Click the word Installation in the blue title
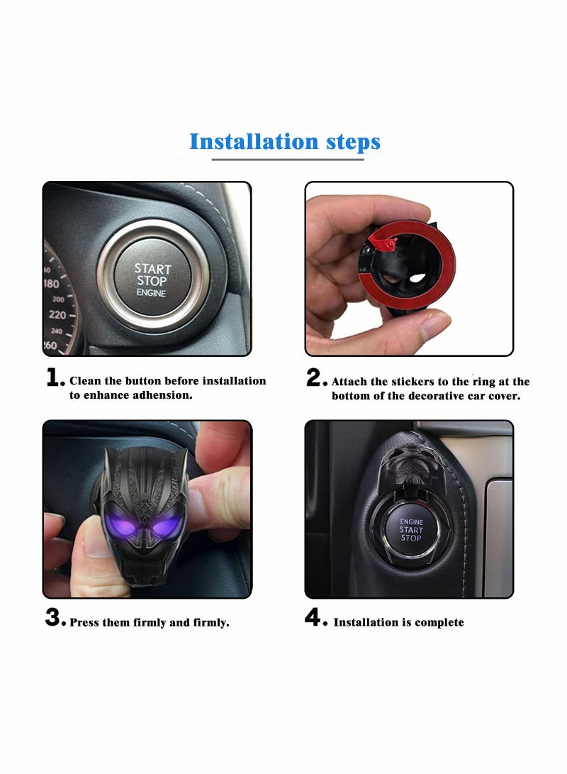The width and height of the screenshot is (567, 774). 251,141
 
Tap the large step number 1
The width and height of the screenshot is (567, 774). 55,379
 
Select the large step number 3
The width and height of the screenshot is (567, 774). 55,618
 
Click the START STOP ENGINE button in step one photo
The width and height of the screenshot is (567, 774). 152,279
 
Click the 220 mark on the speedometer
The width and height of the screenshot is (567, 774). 57,314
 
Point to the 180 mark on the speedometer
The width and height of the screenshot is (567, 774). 51,284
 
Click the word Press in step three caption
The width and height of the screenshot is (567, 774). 85,623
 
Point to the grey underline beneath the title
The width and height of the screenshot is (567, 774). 287,160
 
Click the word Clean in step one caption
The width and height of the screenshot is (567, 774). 86,381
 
